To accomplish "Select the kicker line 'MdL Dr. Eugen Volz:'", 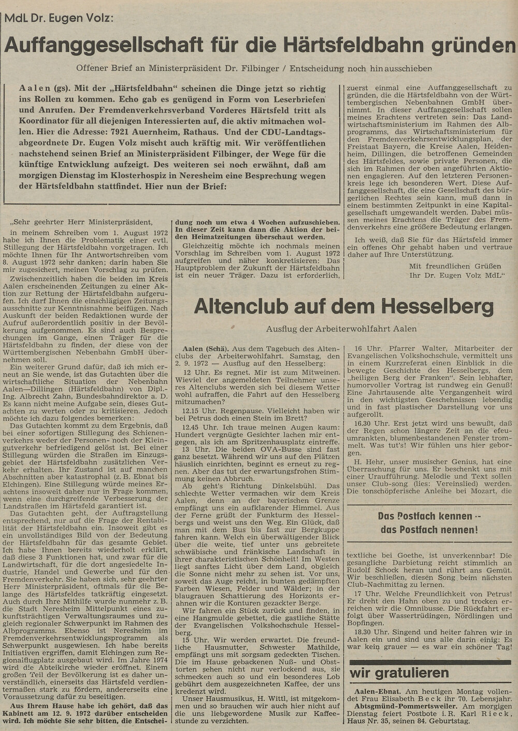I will (x=60, y=17).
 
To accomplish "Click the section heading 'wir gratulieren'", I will (x=399, y=672).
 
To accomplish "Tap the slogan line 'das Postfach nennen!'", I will (x=429, y=529).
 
